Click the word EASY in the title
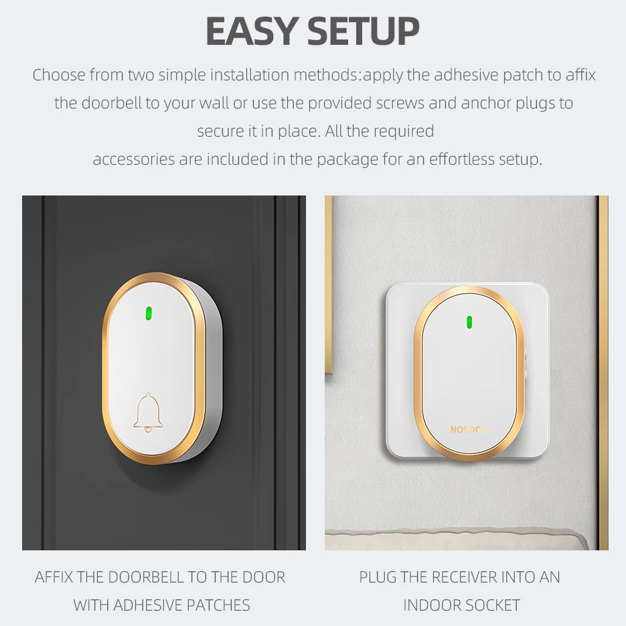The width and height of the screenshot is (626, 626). click(x=250, y=31)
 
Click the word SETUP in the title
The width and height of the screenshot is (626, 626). click(x=364, y=31)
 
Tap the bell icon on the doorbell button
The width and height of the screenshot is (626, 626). click(x=148, y=412)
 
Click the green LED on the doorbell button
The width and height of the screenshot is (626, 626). click(x=149, y=313)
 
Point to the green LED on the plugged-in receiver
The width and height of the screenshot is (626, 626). click(x=469, y=322)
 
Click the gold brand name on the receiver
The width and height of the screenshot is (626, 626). click(x=469, y=430)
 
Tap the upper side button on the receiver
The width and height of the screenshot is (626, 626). click(x=526, y=354)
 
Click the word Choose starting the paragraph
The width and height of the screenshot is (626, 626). click(x=59, y=75)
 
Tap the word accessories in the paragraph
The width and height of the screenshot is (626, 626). click(x=134, y=159)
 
